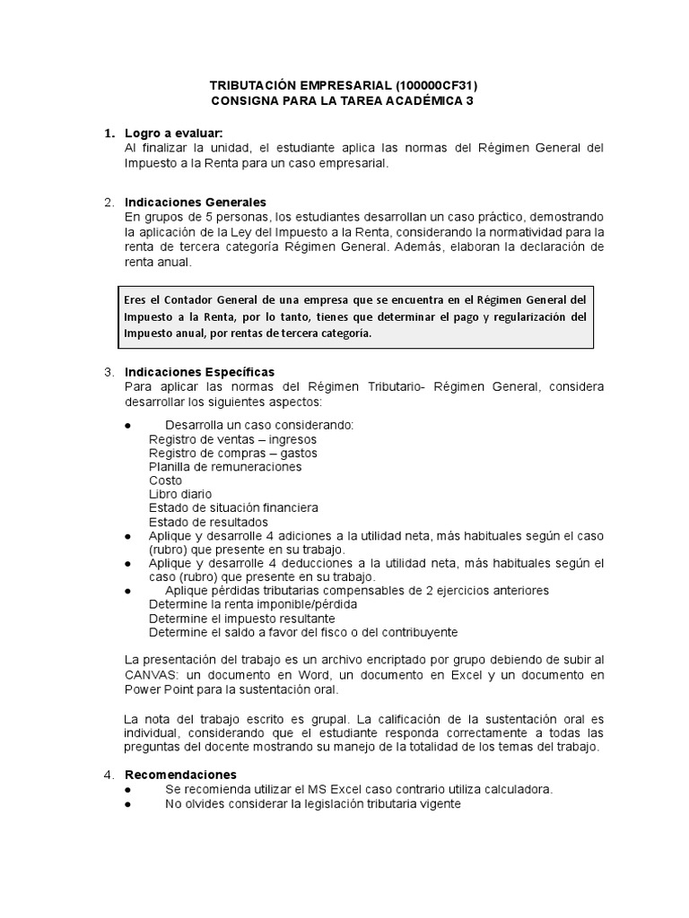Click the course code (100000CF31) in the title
point(441,85)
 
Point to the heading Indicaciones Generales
point(196,202)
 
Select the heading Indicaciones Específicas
point(200,371)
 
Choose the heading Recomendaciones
point(180,774)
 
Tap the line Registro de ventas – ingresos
point(232,439)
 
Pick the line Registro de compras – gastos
point(232,453)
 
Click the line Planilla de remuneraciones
point(225,466)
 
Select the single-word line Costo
point(165,481)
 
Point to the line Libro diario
point(180,494)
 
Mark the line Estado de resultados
point(208,522)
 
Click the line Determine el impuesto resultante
point(241,618)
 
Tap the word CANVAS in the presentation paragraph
point(152,673)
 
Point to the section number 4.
point(108,774)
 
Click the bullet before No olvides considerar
point(129,804)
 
